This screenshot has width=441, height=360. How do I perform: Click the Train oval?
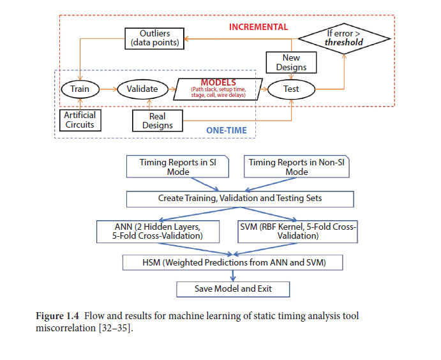tap(80, 89)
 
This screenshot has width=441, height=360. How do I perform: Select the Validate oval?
tap(142, 89)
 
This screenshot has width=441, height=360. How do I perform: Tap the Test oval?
tap(291, 89)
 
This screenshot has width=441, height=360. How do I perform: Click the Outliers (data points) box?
tap(154, 38)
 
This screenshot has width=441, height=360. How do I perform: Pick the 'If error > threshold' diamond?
tap(344, 38)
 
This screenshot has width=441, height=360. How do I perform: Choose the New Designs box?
tap(291, 63)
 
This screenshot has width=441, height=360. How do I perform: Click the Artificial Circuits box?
tap(80, 121)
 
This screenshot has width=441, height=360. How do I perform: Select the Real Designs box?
tap(158, 121)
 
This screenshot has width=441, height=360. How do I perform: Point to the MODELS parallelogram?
tap(218, 89)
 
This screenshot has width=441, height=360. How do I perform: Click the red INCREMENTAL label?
tap(258, 27)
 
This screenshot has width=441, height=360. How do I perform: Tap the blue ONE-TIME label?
tap(227, 130)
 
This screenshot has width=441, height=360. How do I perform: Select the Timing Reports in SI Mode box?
tap(177, 167)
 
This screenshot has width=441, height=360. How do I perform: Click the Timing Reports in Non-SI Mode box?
tap(296, 167)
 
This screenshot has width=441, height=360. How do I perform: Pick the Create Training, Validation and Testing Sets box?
tap(240, 199)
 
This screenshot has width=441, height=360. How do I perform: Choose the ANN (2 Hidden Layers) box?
tap(158, 232)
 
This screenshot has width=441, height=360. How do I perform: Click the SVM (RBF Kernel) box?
tap(297, 232)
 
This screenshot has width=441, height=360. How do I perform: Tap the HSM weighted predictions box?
tap(232, 263)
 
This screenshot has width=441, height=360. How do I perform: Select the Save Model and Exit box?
tap(233, 289)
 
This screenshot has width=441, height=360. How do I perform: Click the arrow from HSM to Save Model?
tap(232, 276)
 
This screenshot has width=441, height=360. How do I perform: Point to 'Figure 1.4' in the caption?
tap(57, 316)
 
